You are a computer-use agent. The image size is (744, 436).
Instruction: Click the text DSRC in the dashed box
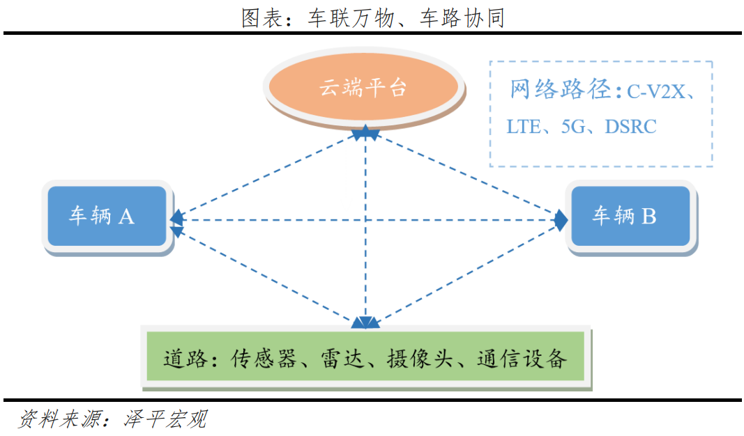630,127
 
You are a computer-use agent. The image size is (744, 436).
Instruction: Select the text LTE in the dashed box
523,127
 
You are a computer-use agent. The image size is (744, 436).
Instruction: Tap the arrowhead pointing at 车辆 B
561,220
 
